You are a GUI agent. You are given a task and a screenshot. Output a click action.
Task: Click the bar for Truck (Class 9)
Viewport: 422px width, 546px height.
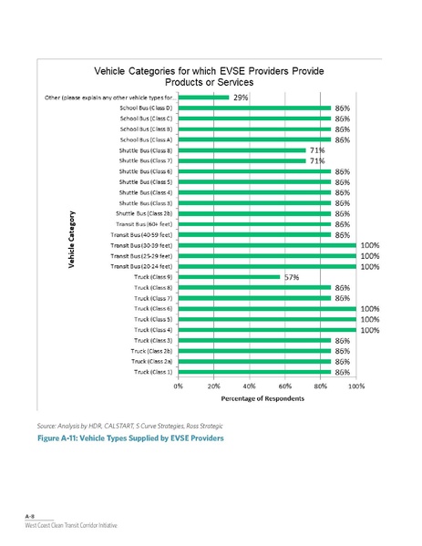coord(229,277)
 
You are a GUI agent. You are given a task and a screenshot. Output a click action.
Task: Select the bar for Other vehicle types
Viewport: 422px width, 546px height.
coord(203,97)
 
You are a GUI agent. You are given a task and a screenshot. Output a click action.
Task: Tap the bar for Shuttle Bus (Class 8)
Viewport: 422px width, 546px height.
coord(242,150)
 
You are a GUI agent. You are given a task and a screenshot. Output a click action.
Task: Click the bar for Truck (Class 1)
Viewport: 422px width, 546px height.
coord(254,372)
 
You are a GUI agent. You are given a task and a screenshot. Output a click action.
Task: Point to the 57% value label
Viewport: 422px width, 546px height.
coord(293,277)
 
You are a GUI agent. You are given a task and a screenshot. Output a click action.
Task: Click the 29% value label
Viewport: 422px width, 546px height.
coord(242,97)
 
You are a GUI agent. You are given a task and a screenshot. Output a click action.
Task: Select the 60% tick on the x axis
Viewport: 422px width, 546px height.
coord(284,386)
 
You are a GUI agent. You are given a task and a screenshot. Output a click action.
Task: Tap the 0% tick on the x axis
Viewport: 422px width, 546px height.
coord(179,386)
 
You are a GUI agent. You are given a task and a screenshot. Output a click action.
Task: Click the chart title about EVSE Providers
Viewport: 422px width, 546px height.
coord(211,77)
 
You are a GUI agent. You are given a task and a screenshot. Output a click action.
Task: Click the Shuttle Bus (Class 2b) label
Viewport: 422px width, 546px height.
coord(145,213)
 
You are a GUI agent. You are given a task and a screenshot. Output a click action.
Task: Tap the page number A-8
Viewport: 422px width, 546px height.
coord(29,517)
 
